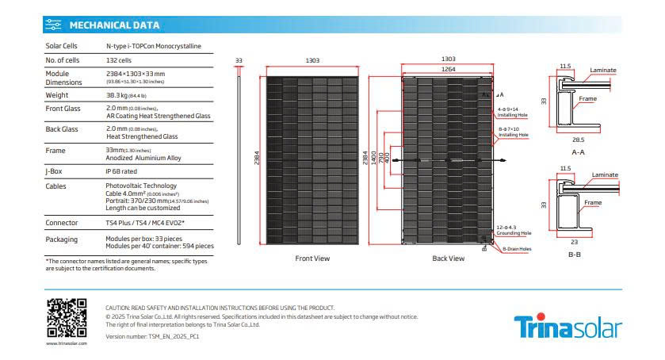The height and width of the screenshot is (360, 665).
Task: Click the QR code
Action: click(66, 317)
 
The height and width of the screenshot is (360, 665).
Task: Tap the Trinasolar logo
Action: click(568, 327)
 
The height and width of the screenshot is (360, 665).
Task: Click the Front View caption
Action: click(312, 259)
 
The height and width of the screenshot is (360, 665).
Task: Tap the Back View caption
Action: click(448, 259)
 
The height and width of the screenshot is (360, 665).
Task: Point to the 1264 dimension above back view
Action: click(449, 70)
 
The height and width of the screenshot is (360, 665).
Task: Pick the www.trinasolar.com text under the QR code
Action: click(66, 344)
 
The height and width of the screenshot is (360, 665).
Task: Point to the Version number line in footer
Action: click(152, 336)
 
